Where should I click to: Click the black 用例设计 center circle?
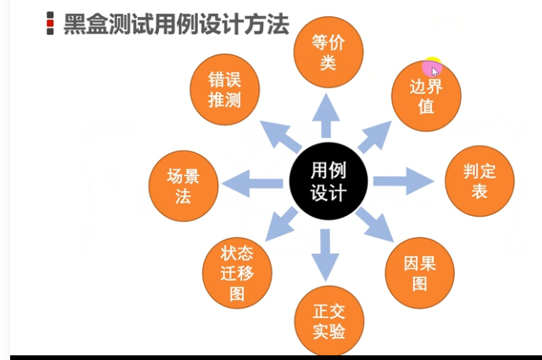(x=328, y=181)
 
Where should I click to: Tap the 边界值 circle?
(x=426, y=96)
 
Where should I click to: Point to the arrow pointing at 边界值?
(x=375, y=137)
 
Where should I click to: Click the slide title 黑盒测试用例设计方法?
(x=176, y=24)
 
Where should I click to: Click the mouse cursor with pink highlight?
(x=433, y=69)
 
